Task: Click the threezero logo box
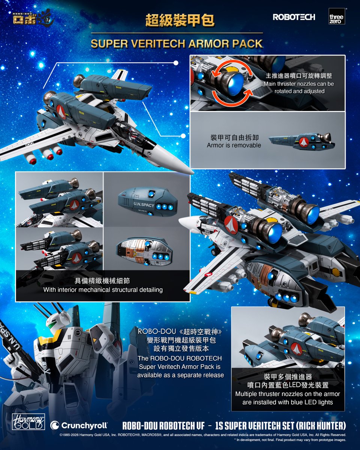pyautogui.click(x=337, y=16)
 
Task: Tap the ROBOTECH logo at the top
pyautogui.click(x=294, y=17)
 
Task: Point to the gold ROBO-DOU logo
pyautogui.click(x=32, y=18)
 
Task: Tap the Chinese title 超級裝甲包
pyautogui.click(x=180, y=20)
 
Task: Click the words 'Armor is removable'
pyautogui.click(x=234, y=145)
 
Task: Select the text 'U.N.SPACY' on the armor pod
pyautogui.click(x=144, y=204)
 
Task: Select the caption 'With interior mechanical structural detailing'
pyautogui.click(x=103, y=290)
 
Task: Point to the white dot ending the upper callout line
pyautogui.click(x=176, y=63)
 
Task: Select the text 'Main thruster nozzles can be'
pyautogui.click(x=299, y=84)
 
